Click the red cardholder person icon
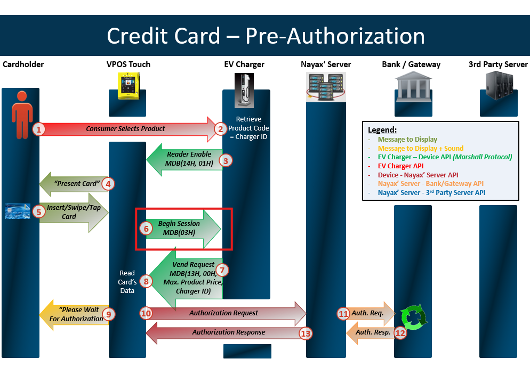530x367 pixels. [21, 114]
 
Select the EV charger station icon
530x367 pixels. [244, 91]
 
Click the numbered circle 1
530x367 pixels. [38, 129]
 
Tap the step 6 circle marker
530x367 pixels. [146, 228]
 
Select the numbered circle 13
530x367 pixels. [306, 334]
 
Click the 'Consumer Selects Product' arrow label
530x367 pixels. [125, 128]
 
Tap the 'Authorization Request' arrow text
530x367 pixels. [223, 313]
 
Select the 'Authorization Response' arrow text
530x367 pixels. [228, 332]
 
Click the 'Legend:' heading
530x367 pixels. [382, 130]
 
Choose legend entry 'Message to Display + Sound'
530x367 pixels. [421, 148]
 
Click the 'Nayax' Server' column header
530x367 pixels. [326, 64]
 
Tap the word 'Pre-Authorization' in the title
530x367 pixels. [335, 36]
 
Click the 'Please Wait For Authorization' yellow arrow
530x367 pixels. [77, 314]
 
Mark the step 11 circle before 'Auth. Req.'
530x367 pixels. [343, 314]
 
